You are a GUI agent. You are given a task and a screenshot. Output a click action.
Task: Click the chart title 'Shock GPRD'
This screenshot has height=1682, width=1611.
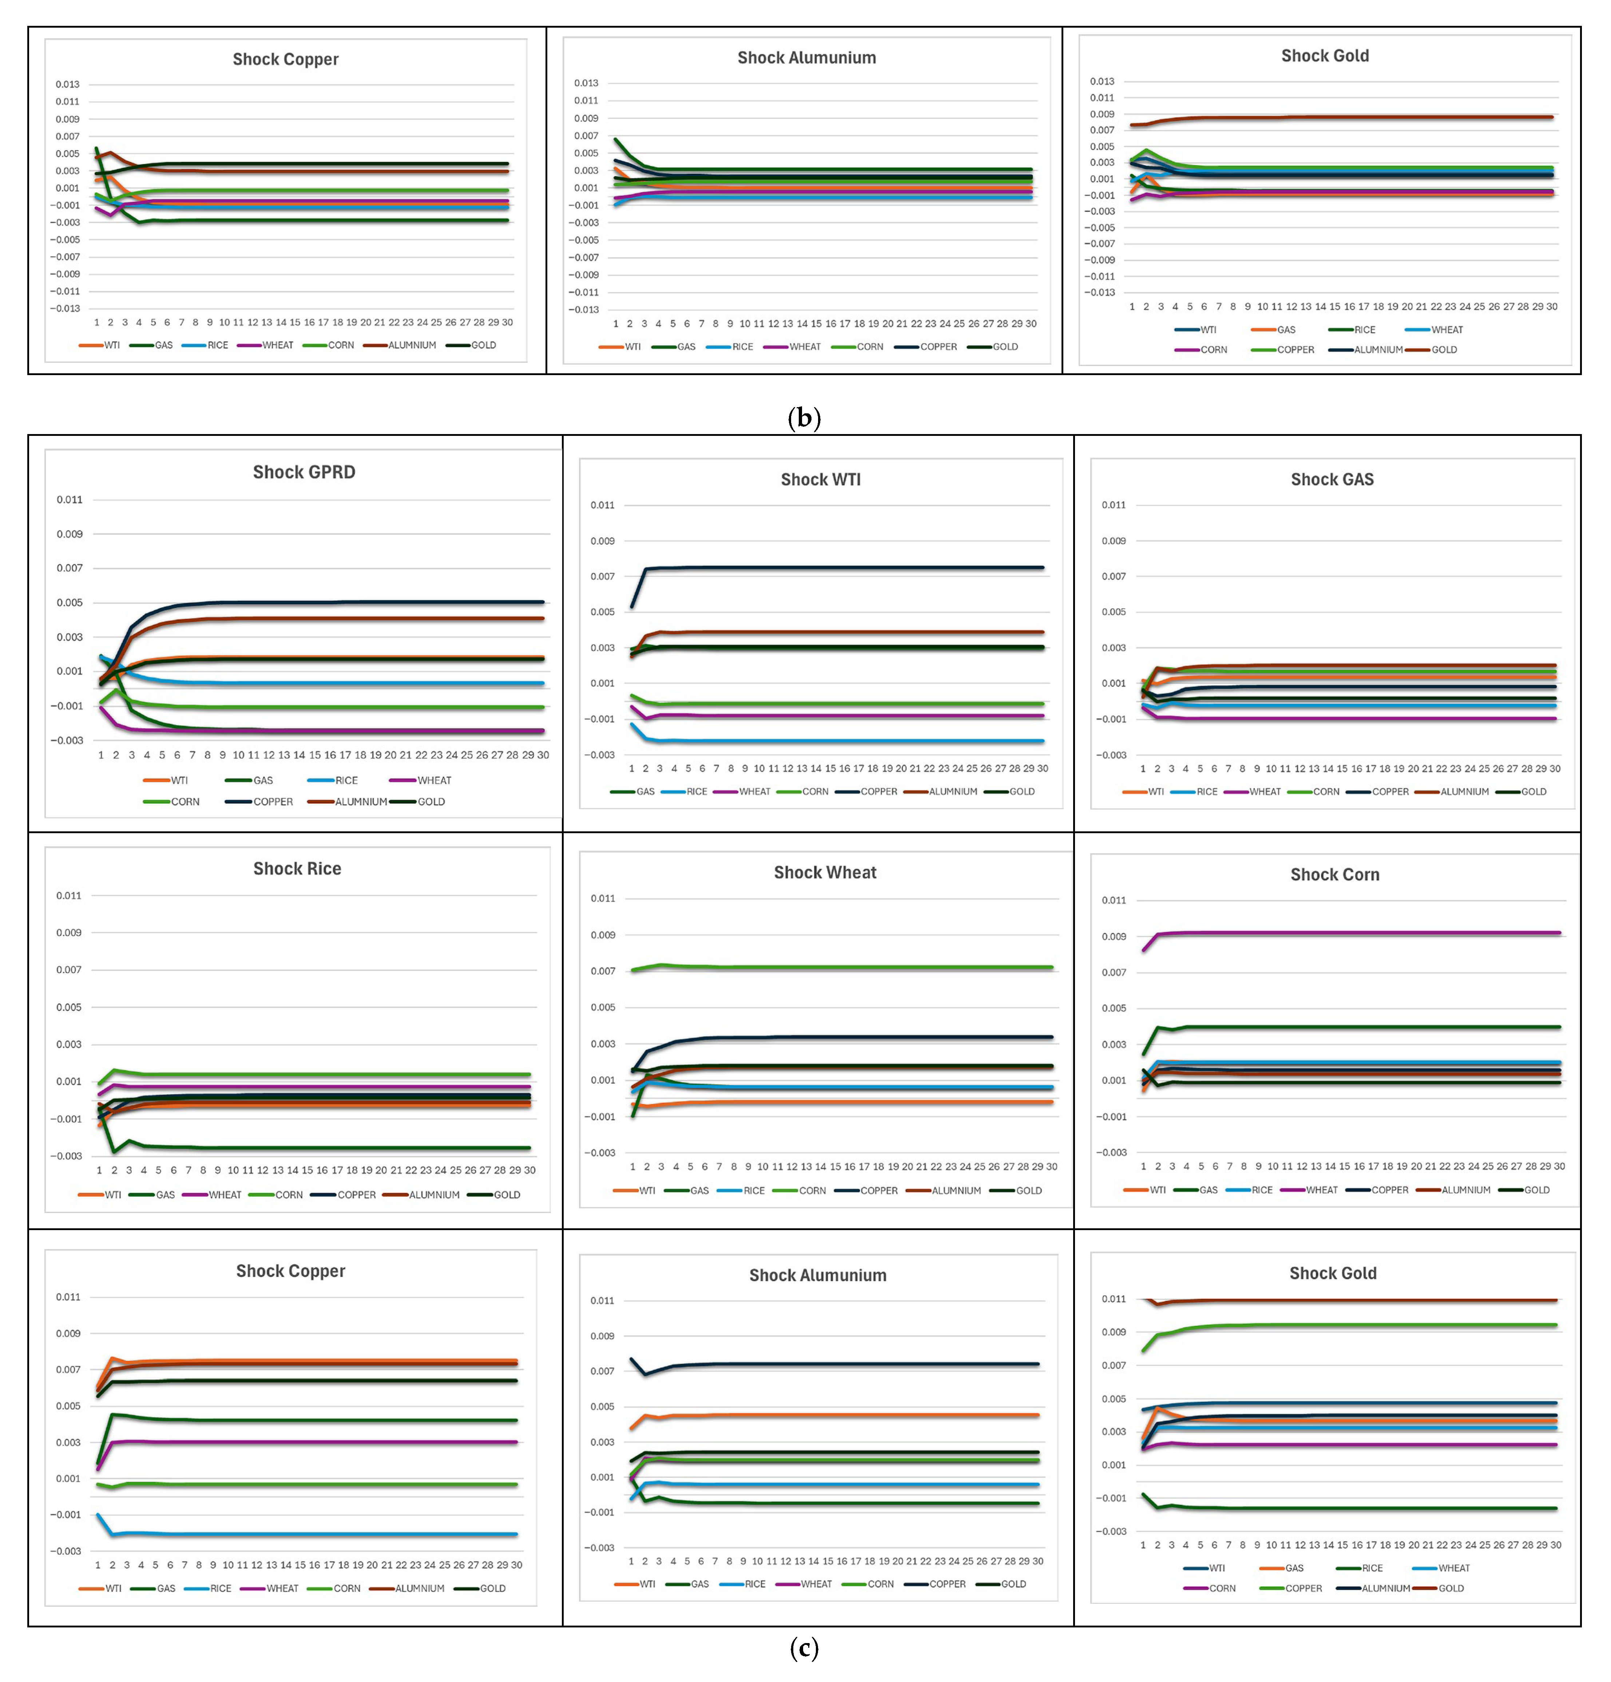(x=304, y=472)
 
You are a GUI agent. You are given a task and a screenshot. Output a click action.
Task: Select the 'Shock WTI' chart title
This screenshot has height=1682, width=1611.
(x=821, y=480)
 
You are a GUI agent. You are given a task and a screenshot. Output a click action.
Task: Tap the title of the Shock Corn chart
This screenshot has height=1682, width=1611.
(x=1335, y=874)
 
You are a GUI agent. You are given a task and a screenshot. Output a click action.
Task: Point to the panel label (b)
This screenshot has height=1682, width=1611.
(x=804, y=418)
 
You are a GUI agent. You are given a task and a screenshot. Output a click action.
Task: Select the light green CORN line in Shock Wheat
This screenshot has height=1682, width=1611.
(x=841, y=967)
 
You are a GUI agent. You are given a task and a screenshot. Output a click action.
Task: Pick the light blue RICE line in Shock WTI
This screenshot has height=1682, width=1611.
(x=837, y=741)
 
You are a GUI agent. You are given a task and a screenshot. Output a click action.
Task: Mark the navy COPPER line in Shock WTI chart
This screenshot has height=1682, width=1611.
(x=837, y=567)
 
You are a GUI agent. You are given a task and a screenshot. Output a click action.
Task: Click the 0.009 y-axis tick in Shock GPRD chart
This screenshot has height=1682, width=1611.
(x=70, y=534)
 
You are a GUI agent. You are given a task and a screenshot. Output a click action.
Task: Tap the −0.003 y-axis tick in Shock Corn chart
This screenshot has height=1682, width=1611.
(x=1111, y=1153)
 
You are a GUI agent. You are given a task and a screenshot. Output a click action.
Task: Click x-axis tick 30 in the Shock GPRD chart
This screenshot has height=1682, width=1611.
(x=543, y=755)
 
